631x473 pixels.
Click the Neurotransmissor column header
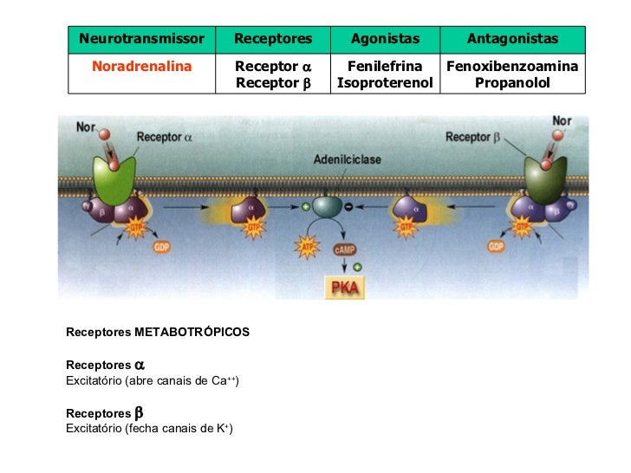141,39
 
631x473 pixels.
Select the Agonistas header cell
385,39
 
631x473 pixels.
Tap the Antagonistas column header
512,39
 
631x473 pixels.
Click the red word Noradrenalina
141,67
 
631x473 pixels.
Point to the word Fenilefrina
385,67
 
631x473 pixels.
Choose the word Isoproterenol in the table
385,83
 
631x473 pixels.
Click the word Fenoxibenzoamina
512,67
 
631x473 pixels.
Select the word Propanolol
512,83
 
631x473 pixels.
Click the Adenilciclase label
347,160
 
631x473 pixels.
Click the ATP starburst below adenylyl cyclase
305,248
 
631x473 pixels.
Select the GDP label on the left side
161,247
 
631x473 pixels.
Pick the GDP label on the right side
496,247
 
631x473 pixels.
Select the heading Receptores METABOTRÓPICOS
157,332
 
